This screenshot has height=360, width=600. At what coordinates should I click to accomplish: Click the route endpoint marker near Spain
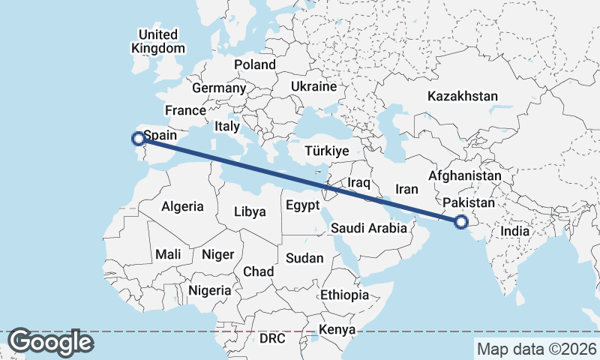[138, 138]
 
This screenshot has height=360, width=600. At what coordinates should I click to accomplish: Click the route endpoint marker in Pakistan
[460, 221]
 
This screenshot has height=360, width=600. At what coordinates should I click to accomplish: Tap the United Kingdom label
[157, 41]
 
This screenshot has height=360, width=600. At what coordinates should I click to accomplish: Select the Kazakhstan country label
[463, 96]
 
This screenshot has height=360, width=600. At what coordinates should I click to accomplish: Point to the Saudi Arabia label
[368, 228]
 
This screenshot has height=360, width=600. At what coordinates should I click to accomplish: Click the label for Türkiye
[327, 151]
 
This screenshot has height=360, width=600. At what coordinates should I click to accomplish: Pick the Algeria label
[182, 205]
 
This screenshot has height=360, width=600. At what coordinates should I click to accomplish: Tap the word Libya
[250, 211]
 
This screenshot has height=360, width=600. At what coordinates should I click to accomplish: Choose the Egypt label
[302, 205]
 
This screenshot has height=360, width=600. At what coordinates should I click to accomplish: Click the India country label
[515, 232]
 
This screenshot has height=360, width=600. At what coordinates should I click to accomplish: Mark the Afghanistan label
[464, 175]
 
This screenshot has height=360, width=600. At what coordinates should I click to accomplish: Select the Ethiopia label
[344, 295]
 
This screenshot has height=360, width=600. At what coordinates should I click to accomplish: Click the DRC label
[272, 338]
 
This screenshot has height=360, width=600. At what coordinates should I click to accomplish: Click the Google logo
[50, 342]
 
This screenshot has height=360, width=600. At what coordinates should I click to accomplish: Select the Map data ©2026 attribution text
[536, 349]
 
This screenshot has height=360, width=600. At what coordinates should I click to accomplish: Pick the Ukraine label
[313, 86]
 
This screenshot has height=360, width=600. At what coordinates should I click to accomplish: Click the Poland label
[255, 64]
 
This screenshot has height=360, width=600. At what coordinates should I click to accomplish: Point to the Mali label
[169, 254]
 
